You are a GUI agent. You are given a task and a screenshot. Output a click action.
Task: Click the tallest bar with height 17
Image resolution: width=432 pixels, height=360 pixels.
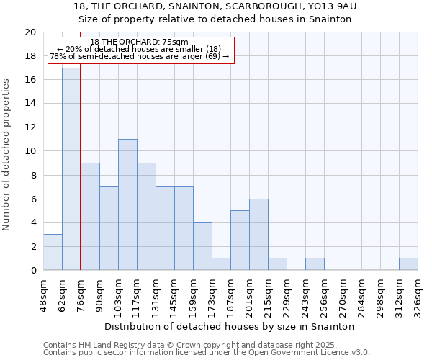(71, 169)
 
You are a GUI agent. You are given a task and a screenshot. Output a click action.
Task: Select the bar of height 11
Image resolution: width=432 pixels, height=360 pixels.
(127, 204)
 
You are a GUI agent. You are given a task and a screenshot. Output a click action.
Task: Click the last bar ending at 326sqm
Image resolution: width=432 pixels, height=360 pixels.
(408, 264)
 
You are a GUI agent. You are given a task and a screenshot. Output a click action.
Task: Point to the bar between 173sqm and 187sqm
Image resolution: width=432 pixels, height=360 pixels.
(221, 264)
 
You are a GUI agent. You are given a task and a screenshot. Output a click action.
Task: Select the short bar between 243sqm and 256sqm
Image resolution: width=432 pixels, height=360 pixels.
(315, 264)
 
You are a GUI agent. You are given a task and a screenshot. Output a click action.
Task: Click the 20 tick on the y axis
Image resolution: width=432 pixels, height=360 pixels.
(30, 32)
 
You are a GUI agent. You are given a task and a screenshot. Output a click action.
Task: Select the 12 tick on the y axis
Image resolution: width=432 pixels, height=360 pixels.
(30, 127)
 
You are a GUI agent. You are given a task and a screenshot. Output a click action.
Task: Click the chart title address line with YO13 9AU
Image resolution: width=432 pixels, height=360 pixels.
(215, 6)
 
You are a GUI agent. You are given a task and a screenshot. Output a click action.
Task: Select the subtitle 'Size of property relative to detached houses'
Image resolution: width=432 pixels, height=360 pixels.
(215, 19)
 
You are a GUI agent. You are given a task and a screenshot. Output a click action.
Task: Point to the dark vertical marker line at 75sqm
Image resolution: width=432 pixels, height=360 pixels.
(80, 180)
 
